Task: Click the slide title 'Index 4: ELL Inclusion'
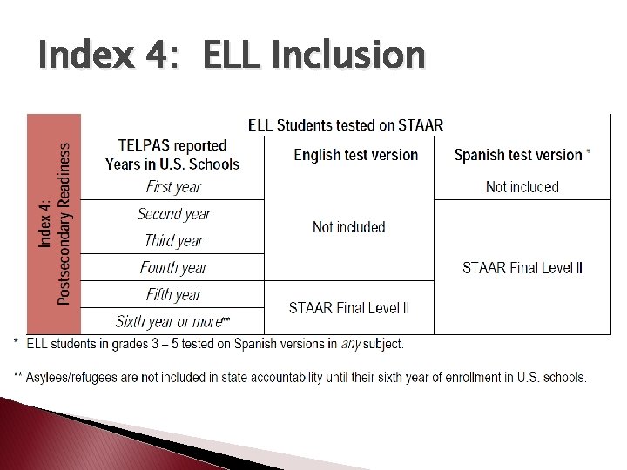232,56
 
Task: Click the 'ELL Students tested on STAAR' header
346,125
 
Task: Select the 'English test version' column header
355,155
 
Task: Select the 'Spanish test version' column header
522,155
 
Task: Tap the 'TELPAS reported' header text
172,145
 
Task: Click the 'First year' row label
172,186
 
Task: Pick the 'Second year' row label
173,214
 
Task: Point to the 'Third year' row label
173,241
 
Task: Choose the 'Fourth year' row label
173,268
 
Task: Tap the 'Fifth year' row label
173,295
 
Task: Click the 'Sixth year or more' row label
172,321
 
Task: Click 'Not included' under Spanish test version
522,186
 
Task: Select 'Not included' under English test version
348,227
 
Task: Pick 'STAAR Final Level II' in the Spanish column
522,268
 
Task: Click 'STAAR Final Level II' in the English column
348,307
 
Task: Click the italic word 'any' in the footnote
350,344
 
